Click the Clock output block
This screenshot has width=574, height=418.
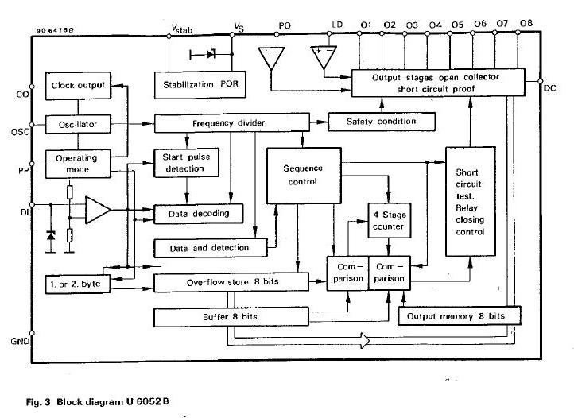78,86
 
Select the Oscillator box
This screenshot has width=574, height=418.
78,125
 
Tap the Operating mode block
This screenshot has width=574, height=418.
76,163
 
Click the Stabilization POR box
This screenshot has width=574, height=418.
196,84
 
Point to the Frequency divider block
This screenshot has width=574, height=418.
231,124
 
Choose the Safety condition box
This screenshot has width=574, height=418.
382,122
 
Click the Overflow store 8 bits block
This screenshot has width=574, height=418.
231,282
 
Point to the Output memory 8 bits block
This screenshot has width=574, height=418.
459,316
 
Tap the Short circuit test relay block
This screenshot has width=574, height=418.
470,203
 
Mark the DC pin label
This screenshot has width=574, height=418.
550,87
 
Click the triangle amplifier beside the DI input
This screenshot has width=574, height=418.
98,211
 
